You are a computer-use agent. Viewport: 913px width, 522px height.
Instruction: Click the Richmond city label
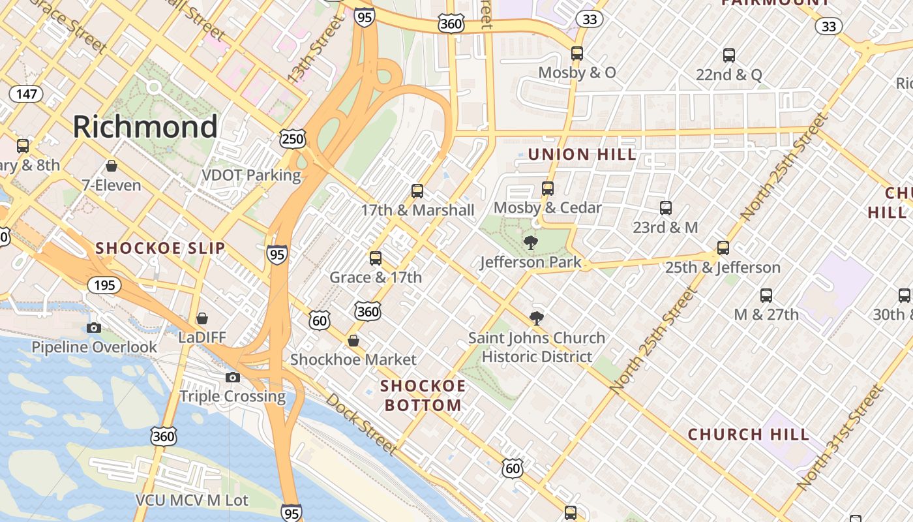145,127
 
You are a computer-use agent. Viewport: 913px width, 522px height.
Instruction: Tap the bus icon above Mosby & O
577,54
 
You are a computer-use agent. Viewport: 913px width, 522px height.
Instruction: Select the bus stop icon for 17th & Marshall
417,191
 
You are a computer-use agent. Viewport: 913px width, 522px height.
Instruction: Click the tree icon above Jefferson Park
531,243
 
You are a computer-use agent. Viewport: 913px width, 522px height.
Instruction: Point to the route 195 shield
103,285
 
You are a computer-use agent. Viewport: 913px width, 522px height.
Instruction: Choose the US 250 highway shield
293,138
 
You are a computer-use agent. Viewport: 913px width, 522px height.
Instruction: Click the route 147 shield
26,94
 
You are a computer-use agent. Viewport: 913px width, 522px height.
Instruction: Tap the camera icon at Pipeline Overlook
94,328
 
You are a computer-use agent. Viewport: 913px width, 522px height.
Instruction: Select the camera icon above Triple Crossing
233,377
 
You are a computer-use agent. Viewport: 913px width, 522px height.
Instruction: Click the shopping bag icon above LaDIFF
202,318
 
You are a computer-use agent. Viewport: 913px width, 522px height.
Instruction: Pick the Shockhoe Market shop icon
353,341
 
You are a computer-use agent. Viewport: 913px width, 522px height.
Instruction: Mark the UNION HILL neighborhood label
582,155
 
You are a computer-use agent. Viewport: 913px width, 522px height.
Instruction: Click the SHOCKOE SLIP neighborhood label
160,248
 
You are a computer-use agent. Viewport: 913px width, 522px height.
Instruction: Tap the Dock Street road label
361,423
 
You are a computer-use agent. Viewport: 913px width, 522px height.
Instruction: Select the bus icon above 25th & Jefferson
723,248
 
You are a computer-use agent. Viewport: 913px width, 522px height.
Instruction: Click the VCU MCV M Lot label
192,500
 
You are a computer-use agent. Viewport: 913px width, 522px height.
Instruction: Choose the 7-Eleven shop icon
112,166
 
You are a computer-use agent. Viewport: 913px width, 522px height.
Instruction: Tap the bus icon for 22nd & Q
729,55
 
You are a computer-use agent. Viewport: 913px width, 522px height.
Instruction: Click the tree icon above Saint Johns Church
537,318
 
